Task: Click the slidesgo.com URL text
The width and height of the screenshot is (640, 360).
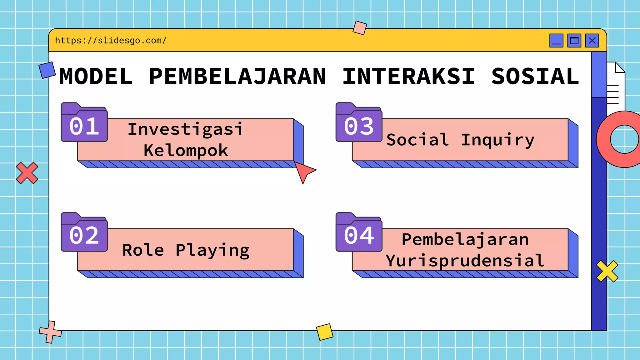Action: [x=111, y=41]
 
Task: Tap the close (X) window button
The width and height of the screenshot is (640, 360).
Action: [x=592, y=41]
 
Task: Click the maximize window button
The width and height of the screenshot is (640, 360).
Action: [x=574, y=41]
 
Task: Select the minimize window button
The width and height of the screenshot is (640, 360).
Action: [x=556, y=41]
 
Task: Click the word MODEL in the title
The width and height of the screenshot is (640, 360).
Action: [x=96, y=77]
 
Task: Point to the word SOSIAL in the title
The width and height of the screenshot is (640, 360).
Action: [x=535, y=77]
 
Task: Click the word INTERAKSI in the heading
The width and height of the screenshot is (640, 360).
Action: [x=408, y=77]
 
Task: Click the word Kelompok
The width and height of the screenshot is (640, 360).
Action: [x=186, y=151]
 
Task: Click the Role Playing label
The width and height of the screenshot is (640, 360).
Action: [x=186, y=250]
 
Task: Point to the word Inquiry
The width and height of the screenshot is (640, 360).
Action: [x=497, y=140]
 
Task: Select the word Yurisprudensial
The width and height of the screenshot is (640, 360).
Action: [x=465, y=261]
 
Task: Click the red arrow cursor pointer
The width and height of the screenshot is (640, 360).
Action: [x=303, y=171]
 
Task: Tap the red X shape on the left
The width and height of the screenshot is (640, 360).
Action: [x=27, y=173]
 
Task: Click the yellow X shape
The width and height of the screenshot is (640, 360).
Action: [x=607, y=271]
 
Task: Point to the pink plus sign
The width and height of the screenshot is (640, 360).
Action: [x=50, y=332]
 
